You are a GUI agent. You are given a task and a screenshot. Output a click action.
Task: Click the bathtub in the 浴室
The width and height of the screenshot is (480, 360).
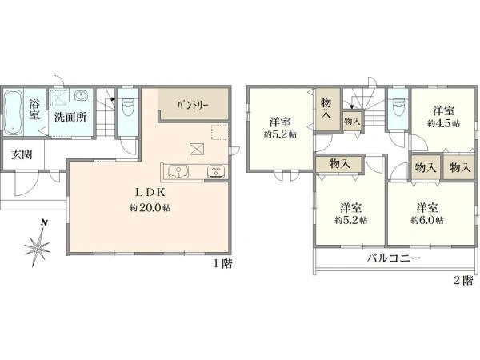(13, 112)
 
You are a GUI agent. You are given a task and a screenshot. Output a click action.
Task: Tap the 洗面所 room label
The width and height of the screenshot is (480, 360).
(70, 117)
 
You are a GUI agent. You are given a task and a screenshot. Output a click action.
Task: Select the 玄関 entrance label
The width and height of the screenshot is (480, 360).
(22, 154)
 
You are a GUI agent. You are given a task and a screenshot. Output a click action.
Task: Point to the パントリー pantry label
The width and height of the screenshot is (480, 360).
(193, 106)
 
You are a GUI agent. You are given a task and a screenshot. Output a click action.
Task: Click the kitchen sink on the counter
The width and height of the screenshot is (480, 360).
(178, 171)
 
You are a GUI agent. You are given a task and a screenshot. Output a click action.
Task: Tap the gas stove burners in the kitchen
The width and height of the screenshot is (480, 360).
(217, 171)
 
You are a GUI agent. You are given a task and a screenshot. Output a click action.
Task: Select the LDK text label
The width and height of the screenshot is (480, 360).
(150, 193)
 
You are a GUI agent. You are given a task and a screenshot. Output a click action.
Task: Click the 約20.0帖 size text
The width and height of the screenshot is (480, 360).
(150, 208)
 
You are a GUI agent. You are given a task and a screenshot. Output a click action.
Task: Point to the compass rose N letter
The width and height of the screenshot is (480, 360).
(44, 222)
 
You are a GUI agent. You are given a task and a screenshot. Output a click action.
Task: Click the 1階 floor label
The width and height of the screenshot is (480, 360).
(222, 263)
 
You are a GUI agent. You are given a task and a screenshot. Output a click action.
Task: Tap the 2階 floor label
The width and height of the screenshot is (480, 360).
(463, 281)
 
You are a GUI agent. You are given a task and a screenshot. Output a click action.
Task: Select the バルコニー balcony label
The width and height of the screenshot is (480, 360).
(394, 258)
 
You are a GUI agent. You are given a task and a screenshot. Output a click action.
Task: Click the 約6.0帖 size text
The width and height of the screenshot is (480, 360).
(427, 220)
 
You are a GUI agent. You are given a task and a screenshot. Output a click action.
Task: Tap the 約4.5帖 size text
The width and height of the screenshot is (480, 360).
(443, 123)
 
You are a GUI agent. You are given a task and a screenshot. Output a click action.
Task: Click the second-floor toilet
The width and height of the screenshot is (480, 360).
(398, 107)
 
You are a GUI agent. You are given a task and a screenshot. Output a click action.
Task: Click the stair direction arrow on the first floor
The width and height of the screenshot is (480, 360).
(113, 99)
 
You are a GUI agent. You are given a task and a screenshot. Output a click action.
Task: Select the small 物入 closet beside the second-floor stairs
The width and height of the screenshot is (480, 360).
(352, 122)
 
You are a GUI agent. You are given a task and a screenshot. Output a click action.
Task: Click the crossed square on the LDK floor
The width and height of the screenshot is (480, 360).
(195, 150)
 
